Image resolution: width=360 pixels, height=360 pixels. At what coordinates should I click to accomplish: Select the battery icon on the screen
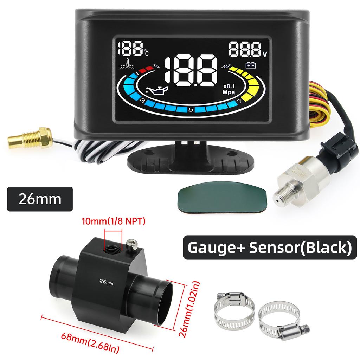(x=251, y=65)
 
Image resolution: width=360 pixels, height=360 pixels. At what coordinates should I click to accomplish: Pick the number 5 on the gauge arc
(x=190, y=109)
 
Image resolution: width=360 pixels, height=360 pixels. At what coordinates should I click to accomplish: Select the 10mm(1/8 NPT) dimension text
(x=113, y=221)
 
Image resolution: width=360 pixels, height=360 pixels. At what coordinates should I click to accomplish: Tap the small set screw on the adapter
(x=131, y=244)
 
